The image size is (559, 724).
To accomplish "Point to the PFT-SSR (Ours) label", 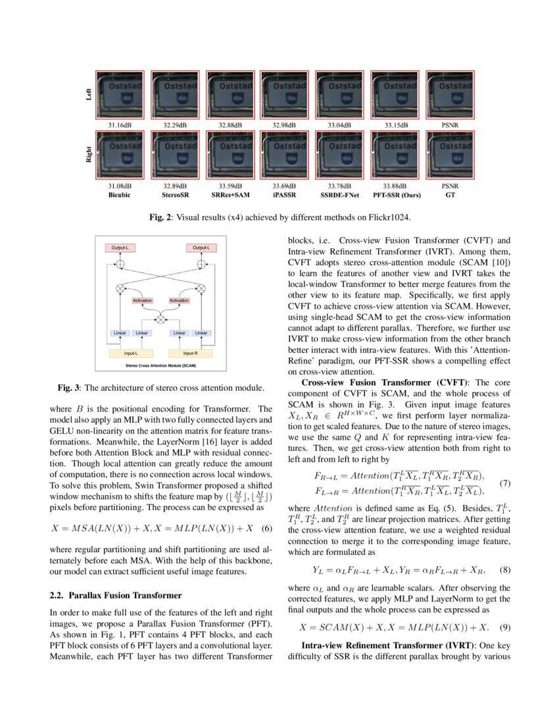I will pyautogui.click(x=396, y=195).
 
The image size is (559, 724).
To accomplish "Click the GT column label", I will pyautogui.click(x=450, y=195).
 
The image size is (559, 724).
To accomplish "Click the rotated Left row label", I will pyautogui.click(x=89, y=95).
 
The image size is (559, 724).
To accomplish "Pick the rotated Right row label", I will pyautogui.click(x=89, y=156).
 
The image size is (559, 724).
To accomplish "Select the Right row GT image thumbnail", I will pyautogui.click(x=450, y=155).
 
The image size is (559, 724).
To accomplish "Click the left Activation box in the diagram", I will pyautogui.click(x=142, y=300).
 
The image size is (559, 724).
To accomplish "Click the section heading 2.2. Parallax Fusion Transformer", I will pyautogui.click(x=116, y=596).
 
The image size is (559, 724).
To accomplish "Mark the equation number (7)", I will pyautogui.click(x=506, y=483).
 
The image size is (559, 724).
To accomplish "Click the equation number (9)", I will pyautogui.click(x=506, y=627).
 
